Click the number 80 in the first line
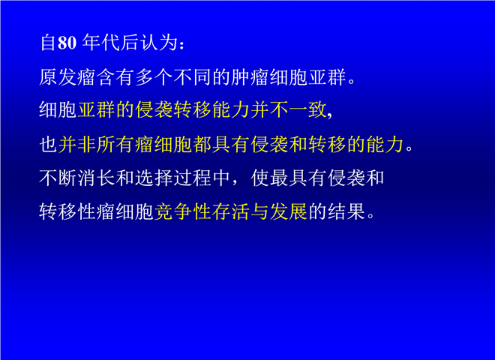[x=67, y=42]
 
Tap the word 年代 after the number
[x=101, y=42]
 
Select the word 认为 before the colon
[x=159, y=42]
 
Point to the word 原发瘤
[x=67, y=76]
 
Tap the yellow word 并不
[x=269, y=110]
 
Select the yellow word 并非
[x=77, y=144]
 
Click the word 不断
[x=58, y=178]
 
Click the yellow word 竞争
[x=173, y=211]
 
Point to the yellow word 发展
[x=289, y=211]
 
